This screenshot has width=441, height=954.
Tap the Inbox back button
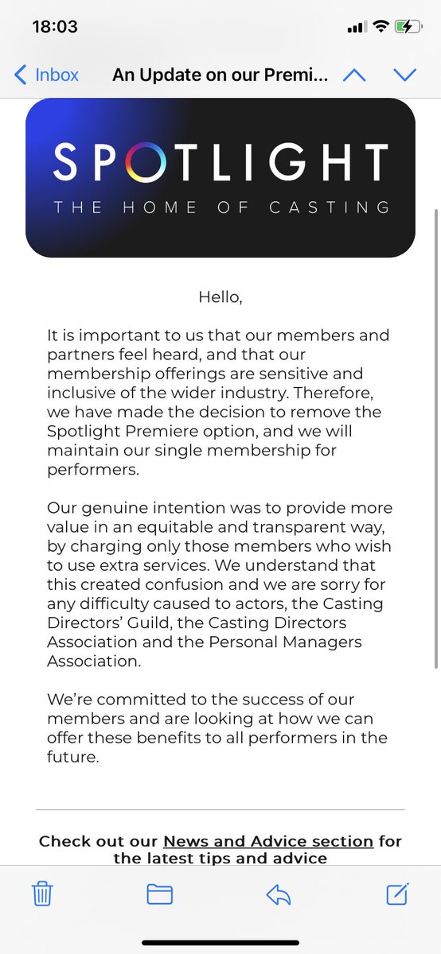[x=47, y=75]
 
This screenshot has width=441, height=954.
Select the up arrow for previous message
[x=353, y=76]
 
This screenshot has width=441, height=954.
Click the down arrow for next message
[x=405, y=76]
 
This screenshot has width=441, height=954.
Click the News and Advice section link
[x=268, y=841]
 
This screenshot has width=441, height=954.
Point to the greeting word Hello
[x=220, y=297]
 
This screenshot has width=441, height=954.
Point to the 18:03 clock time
[x=55, y=26]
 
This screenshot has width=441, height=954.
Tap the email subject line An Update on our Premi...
[x=220, y=75]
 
